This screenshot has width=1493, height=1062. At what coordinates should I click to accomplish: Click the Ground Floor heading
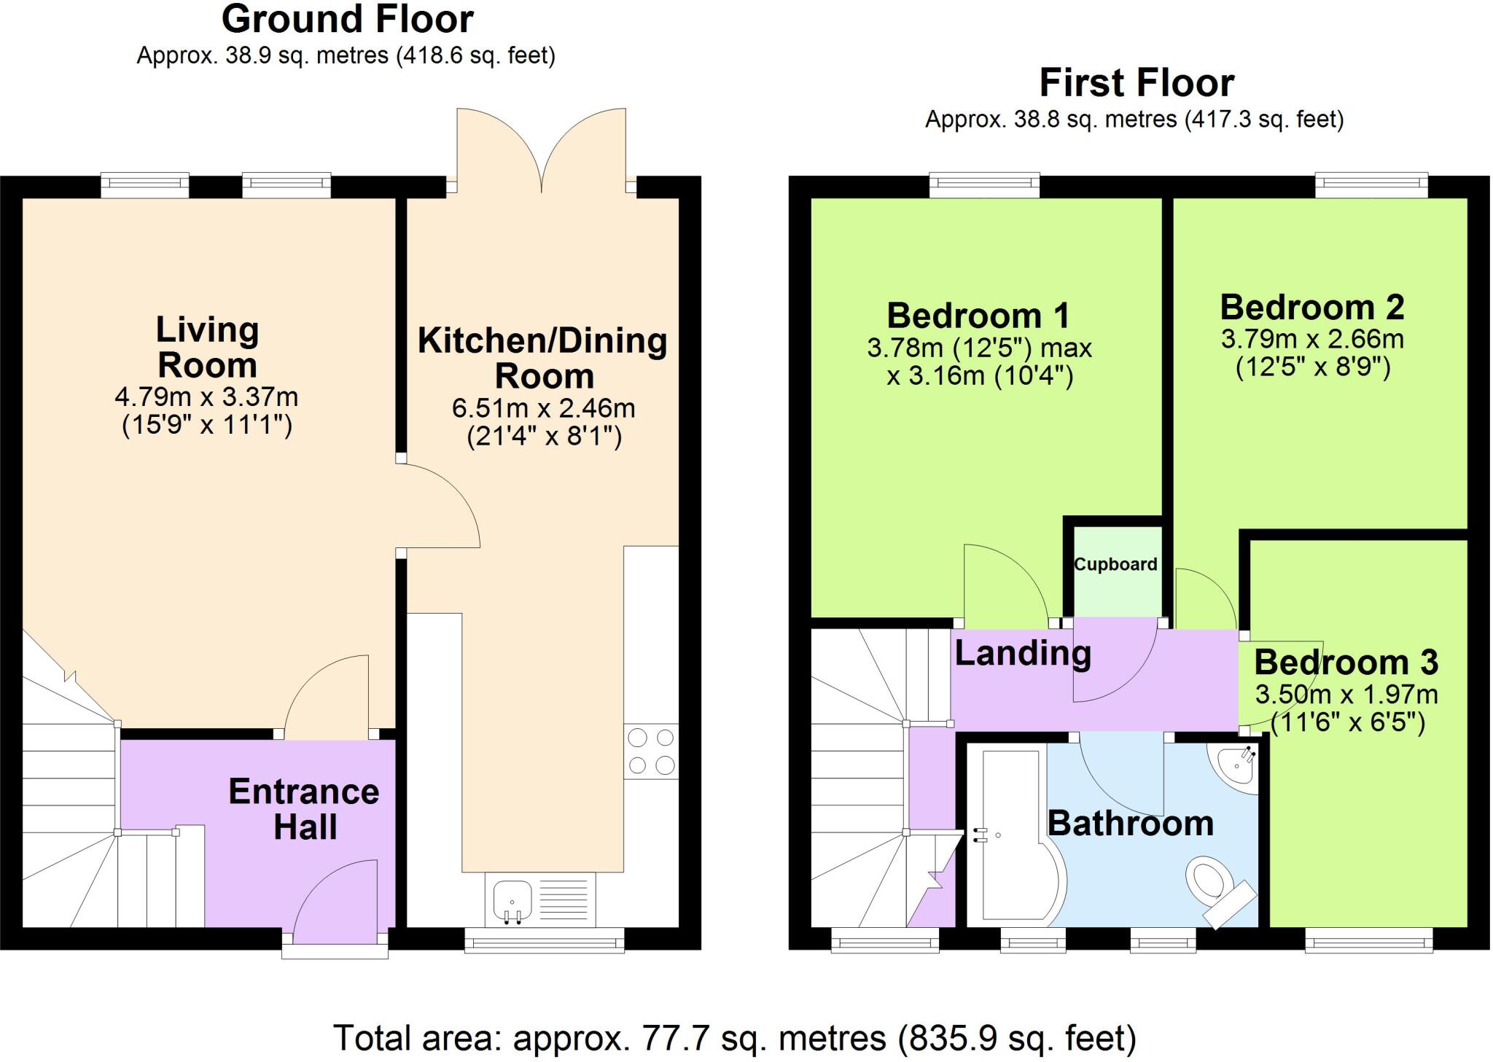click(348, 20)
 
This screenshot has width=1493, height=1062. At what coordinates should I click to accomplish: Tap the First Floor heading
click(1137, 83)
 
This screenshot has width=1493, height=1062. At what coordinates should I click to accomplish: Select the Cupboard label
click(1115, 564)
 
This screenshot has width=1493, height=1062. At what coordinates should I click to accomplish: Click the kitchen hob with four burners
click(651, 751)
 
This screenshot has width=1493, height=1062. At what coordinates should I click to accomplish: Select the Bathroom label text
click(1131, 824)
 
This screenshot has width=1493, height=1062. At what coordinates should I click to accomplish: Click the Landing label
click(1023, 653)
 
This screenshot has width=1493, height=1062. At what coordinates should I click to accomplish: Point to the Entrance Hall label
click(304, 809)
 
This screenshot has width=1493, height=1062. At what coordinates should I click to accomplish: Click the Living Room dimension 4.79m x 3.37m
click(206, 397)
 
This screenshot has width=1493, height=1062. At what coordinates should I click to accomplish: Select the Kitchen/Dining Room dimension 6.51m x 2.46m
click(544, 408)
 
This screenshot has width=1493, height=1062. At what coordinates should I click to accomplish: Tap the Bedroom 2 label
click(1312, 307)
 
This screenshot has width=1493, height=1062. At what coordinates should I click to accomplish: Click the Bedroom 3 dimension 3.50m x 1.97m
click(1346, 695)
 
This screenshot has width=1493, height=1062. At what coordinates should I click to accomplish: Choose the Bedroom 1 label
click(978, 316)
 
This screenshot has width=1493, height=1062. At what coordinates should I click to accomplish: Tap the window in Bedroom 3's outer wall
click(1369, 940)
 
